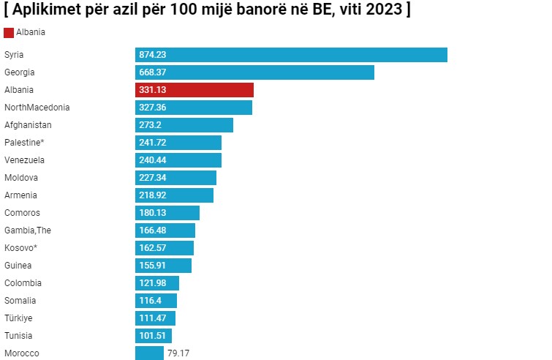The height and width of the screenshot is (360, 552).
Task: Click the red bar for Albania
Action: (x=194, y=90)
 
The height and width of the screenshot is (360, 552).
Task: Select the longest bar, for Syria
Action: (x=291, y=55)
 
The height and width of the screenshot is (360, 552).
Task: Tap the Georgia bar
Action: (x=254, y=72)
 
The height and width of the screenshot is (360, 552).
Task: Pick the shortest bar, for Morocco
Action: (x=149, y=353)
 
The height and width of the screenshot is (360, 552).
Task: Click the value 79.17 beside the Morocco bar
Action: (x=178, y=353)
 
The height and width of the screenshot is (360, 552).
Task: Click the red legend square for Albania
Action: (x=9, y=33)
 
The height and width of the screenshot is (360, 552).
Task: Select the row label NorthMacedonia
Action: (x=37, y=108)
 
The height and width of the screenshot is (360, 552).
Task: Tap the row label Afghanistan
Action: (x=28, y=125)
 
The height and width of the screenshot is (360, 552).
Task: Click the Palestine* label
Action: (x=25, y=143)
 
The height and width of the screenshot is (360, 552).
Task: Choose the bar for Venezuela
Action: (x=178, y=160)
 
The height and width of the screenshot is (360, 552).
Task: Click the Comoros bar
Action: (x=167, y=213)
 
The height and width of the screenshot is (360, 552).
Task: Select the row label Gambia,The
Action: (x=28, y=230)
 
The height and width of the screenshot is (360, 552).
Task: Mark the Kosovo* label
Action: (x=20, y=248)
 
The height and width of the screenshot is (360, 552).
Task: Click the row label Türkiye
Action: (x=18, y=318)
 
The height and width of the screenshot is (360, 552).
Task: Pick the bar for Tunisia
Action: (x=154, y=336)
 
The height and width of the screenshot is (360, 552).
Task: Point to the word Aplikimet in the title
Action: (x=47, y=10)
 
